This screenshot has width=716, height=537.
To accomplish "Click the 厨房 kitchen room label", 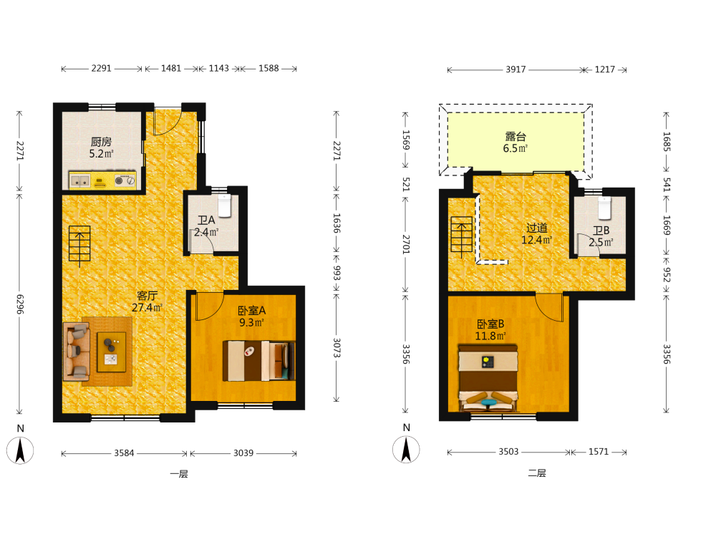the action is (101, 142).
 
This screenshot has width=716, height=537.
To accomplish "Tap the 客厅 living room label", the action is (147, 296).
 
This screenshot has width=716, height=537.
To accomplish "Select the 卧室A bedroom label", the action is (251, 311).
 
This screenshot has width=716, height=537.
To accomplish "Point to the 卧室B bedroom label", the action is (490, 324).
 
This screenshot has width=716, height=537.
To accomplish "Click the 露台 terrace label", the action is (516, 137).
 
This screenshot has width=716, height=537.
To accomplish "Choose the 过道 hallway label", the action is (536, 228).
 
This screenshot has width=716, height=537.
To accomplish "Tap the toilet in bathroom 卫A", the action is (225, 206).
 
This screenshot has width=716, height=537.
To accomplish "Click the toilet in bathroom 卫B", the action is (604, 208).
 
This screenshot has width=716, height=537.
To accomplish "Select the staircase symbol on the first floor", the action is (79, 246).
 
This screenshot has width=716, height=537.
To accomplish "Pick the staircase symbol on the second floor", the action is (462, 236).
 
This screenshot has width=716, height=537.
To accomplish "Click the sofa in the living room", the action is (77, 352).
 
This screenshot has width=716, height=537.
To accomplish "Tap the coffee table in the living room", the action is (112, 352).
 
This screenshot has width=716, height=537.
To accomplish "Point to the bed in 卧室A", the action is (259, 361).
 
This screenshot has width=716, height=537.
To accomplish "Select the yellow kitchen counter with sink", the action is (102, 180).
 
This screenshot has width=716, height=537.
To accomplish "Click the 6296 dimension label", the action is (20, 304).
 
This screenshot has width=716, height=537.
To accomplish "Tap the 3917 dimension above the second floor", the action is (516, 69).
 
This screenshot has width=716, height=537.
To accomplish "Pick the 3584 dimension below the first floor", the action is (124, 453).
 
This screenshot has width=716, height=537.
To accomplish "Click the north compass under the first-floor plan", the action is (20, 450).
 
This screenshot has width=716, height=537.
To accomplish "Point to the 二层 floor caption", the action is (537, 473).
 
